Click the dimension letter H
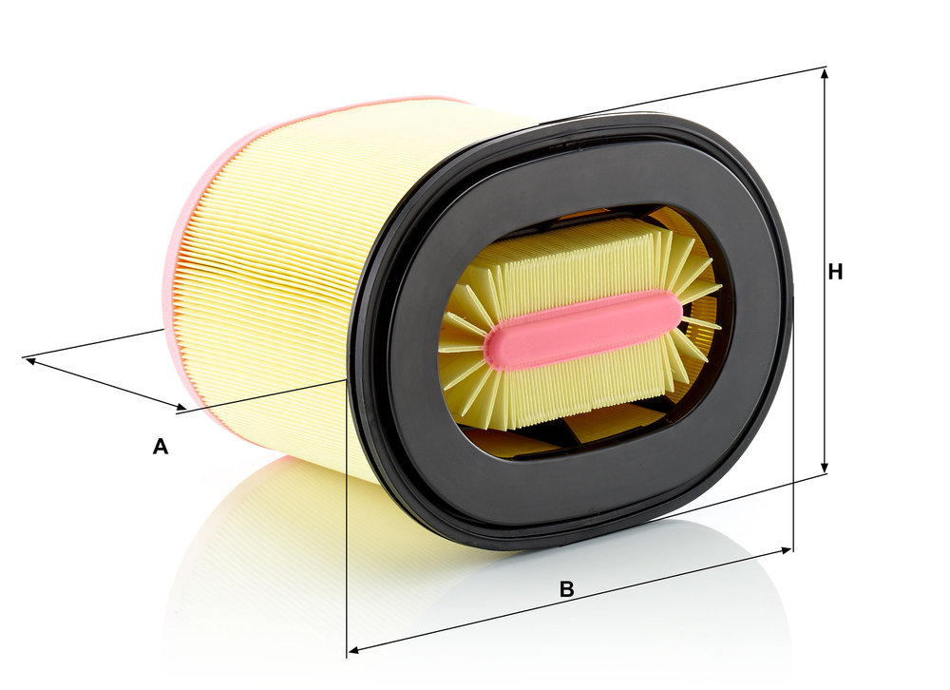pyautogui.click(x=835, y=272)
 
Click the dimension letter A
pyautogui.click(x=160, y=447)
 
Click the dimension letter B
pyautogui.click(x=566, y=588)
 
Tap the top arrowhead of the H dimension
pyautogui.click(x=824, y=73)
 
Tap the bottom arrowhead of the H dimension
pyautogui.click(x=824, y=468)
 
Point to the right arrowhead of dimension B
pyautogui.click(x=787, y=550)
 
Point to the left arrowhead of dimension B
pyautogui.click(x=353, y=650)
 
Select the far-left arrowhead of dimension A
pyautogui.click(x=29, y=361)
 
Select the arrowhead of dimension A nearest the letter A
pyautogui.click(x=180, y=406)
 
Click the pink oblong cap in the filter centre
pyautogui.click(x=583, y=330)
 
